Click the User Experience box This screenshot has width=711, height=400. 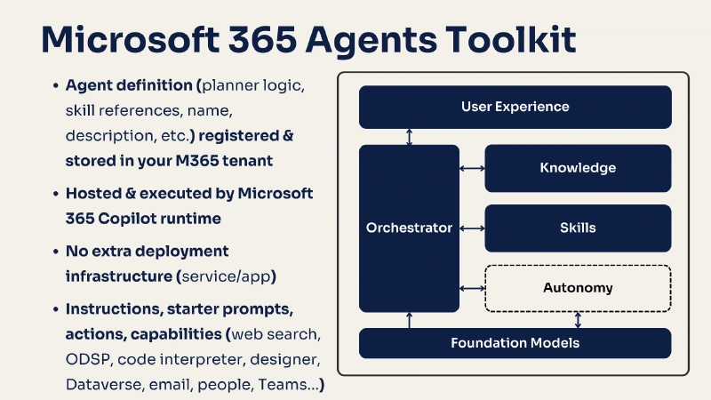click(x=515, y=107)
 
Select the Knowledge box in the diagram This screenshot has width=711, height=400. click(x=578, y=167)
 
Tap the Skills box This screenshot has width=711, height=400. click(x=578, y=228)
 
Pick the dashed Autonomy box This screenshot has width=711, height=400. click(x=578, y=288)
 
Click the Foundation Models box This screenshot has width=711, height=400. click(x=515, y=343)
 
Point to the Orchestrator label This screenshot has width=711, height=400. click(x=409, y=228)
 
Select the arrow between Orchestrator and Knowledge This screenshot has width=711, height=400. click(x=471, y=167)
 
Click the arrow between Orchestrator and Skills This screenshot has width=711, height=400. click(x=471, y=228)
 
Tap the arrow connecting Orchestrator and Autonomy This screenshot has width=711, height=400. click(x=471, y=288)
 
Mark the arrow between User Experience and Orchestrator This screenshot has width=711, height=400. click(x=409, y=137)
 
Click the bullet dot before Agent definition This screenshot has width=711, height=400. click(x=55, y=86)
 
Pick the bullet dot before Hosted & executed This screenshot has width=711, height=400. click(x=55, y=193)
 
